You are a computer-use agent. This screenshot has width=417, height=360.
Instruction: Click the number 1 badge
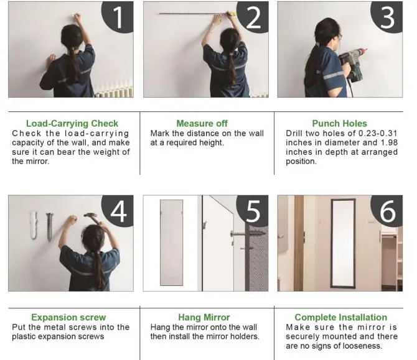click(118, 16)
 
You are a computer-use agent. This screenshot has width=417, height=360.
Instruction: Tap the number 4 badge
click(118, 211)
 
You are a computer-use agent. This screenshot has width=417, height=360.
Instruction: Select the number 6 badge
click(388, 211)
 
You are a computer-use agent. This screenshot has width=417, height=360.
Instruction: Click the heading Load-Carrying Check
click(72, 124)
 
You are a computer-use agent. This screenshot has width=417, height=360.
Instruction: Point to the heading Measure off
click(202, 124)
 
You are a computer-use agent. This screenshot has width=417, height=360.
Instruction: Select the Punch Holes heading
click(340, 124)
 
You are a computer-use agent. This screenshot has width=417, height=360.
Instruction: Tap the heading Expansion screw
click(68, 317)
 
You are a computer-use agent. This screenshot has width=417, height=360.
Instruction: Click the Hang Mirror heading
click(204, 317)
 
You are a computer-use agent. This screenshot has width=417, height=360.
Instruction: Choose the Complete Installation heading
click(340, 317)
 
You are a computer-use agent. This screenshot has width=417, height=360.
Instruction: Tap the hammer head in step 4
click(90, 216)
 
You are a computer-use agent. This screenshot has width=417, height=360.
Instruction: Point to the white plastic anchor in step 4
click(34, 225)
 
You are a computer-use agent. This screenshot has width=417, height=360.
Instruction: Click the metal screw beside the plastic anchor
click(49, 226)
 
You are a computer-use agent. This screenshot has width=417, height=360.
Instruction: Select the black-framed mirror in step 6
click(343, 243)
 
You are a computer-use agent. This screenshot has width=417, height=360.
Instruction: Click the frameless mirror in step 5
click(172, 243)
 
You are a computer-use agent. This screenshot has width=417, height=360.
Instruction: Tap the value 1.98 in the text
click(389, 142)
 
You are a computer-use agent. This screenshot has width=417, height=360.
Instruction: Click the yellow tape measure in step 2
click(232, 13)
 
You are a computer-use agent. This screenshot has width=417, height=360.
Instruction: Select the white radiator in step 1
click(114, 92)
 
